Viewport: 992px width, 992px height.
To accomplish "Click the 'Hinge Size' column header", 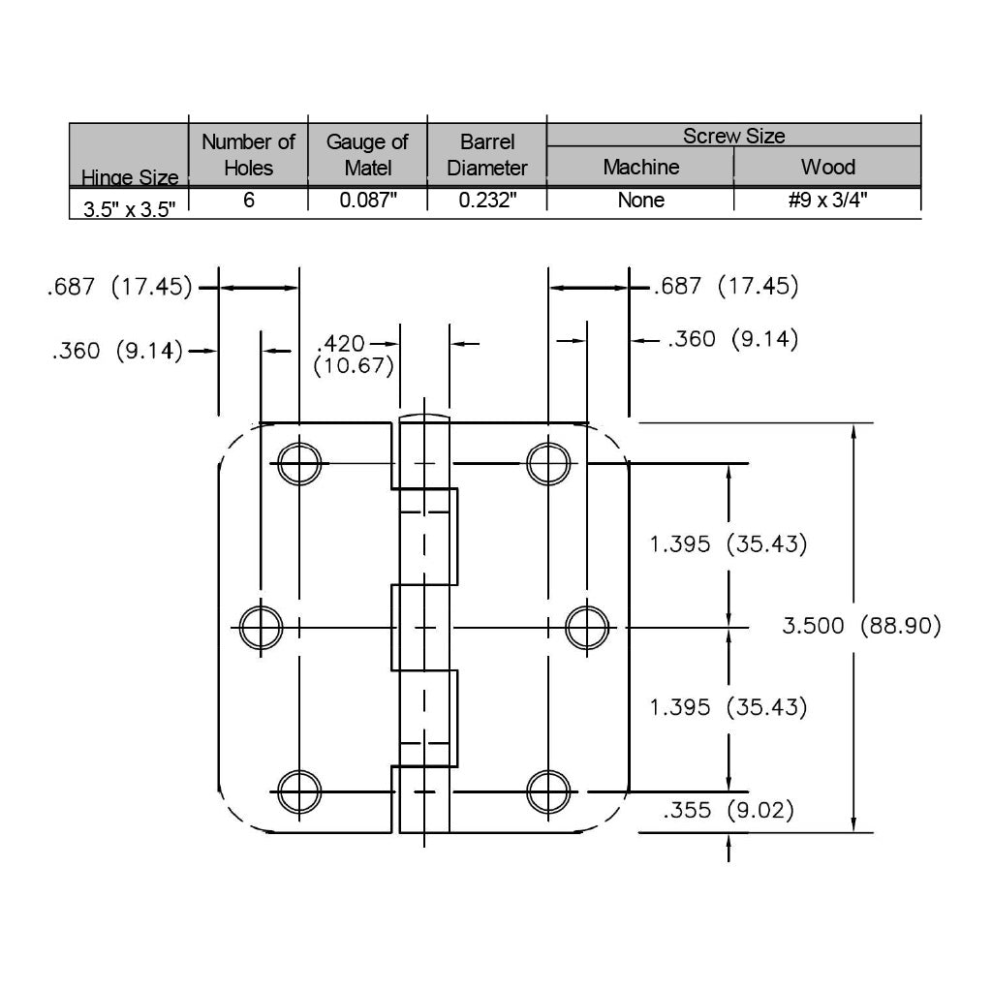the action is click(130, 177).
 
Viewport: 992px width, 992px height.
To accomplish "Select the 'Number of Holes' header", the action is click(248, 154).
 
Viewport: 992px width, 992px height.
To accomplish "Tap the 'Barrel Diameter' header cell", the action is click(487, 154).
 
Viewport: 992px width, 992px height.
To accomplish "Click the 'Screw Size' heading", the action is click(734, 136).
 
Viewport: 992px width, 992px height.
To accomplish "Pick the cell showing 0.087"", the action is click(367, 200).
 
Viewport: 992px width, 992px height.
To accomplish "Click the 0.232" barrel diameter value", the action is click(487, 200).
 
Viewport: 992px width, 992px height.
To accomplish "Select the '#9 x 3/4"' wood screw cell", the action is click(827, 200).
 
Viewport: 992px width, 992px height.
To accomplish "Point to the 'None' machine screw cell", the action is click(641, 200).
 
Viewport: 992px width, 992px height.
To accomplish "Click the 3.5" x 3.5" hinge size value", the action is click(130, 209).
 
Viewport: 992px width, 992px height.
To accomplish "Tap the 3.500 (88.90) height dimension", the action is click(861, 626).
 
